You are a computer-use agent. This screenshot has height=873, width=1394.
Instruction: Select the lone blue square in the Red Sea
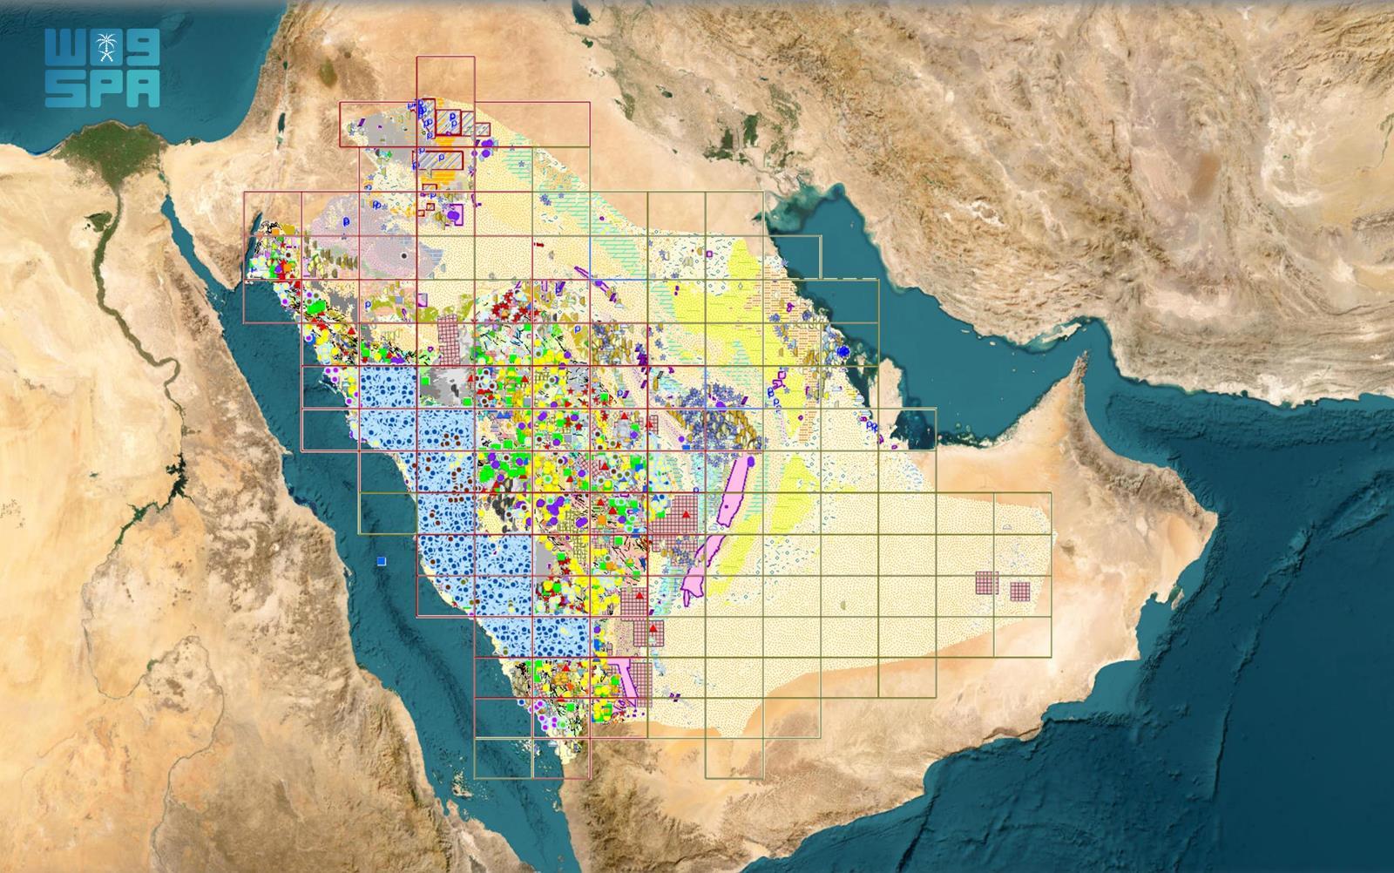(x=382, y=560)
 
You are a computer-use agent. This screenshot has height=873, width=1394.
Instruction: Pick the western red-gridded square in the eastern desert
(x=986, y=582)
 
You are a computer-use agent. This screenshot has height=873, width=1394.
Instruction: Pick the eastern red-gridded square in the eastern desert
(x=1019, y=592)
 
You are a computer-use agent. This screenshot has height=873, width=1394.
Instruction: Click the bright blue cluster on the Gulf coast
(x=842, y=350)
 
